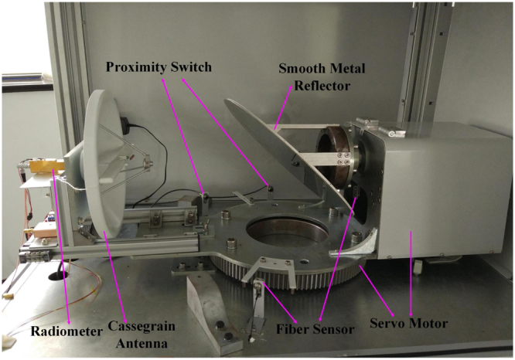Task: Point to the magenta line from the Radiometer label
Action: [63, 247]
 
